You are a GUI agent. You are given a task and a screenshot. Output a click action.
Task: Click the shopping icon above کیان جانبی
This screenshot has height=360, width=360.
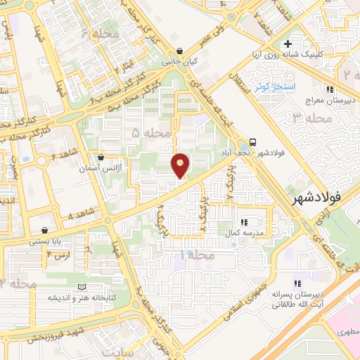(x=182, y=51)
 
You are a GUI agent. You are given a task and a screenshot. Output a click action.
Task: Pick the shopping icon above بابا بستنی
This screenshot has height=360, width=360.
(x=45, y=230)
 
